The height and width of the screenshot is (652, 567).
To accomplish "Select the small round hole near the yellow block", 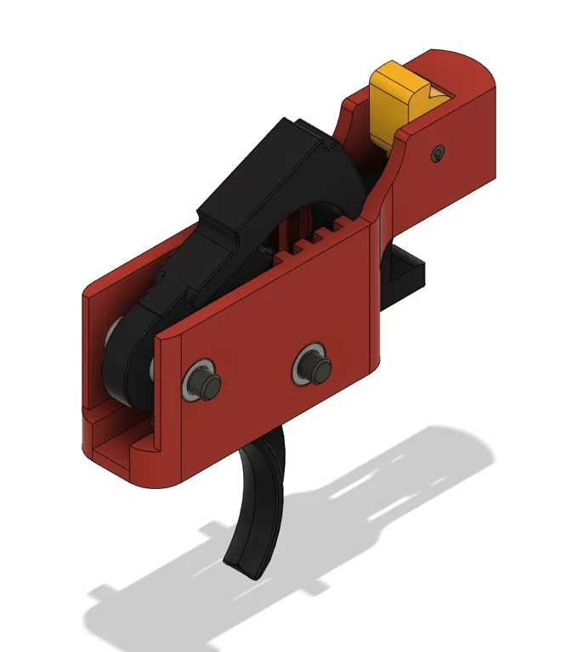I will click(438, 153).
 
